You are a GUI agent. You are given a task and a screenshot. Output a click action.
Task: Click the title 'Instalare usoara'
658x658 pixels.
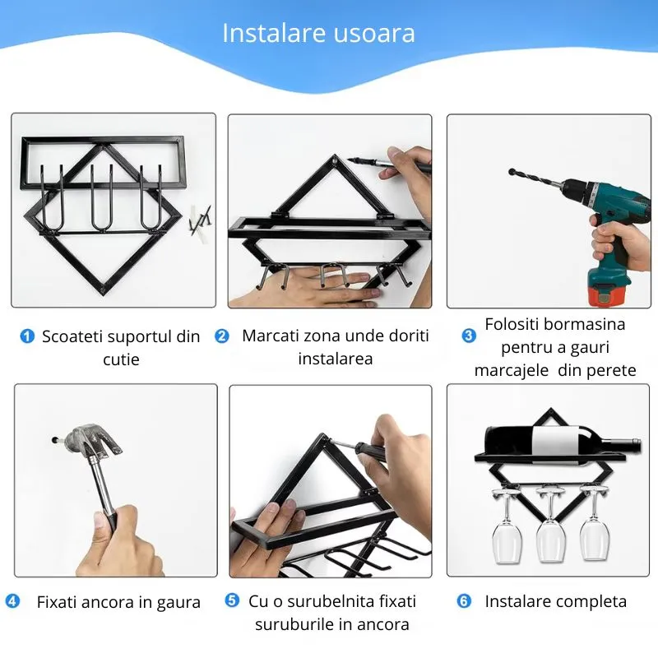coord(318,33)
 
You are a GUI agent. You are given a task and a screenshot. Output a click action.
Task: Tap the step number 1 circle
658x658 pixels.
coord(27,336)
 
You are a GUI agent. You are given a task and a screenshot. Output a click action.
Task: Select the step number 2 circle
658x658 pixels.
coord(222,336)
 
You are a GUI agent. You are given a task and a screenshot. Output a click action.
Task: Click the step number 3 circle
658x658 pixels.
coord(469,336)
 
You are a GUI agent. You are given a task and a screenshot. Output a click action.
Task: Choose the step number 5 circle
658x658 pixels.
coord(233,601)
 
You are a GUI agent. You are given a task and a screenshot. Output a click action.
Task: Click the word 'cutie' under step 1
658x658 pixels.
coord(121,359)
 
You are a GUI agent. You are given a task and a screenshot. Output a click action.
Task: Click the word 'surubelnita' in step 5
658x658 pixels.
coord(330,601)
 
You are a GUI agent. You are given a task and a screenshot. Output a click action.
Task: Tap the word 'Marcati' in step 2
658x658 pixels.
coord(272,336)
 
